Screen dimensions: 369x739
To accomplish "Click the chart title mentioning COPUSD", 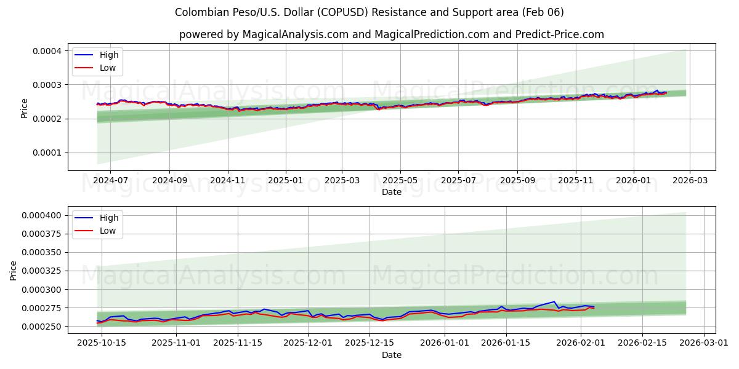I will (x=369, y=12).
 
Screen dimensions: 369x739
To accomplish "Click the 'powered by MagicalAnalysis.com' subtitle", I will (x=391, y=34).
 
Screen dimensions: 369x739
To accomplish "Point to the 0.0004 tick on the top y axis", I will (x=47, y=50).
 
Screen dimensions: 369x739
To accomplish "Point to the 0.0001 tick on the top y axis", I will (x=47, y=153).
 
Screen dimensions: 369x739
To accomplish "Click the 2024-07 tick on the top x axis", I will (x=110, y=180).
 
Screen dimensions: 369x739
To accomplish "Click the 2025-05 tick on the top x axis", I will (x=400, y=180).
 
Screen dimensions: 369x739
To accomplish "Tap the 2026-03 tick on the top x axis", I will (x=689, y=180).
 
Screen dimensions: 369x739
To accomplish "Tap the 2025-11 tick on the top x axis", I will (x=576, y=180).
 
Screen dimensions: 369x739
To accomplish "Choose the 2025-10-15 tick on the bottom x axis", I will (x=102, y=343).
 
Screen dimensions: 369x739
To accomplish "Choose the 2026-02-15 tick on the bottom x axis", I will (x=642, y=343).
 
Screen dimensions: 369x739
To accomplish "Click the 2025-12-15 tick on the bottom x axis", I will (x=369, y=343).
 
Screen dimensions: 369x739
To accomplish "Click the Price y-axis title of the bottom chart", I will (x=14, y=271).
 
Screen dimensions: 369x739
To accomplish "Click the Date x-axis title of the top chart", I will (x=391, y=192).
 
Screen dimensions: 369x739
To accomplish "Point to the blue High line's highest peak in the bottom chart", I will (x=554, y=301).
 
